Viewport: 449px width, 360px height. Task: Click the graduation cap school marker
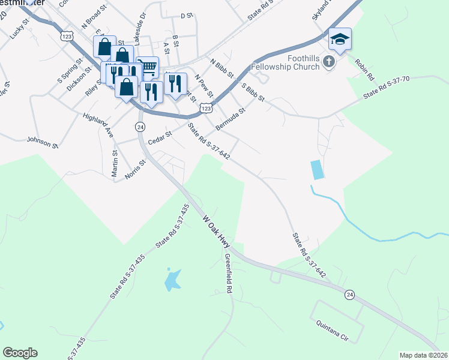tap(340, 40)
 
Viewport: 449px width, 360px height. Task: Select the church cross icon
tap(328, 61)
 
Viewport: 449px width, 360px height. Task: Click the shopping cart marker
tap(147, 67)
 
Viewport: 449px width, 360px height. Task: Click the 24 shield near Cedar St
tap(140, 127)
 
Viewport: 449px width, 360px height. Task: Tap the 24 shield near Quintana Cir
tap(349, 294)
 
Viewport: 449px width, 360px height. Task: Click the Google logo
tap(20, 353)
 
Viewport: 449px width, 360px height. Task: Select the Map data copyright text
tap(424, 355)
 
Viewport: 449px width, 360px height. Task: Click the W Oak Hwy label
tap(217, 231)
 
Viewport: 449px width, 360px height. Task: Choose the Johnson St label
tap(42, 142)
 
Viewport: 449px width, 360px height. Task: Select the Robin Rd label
tap(364, 70)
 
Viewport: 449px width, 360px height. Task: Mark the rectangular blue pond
tap(317, 170)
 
